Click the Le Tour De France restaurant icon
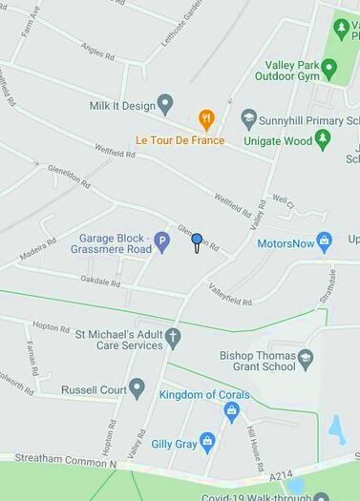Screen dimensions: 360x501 pos(206,120)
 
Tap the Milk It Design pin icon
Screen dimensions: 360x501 pos(165,105)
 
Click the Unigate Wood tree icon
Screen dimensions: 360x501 pos(323,140)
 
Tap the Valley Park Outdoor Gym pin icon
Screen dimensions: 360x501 pos(329,70)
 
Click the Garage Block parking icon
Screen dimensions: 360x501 pos(162,242)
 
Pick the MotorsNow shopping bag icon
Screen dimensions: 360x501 pos(325,242)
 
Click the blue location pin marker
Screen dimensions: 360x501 pos(197,240)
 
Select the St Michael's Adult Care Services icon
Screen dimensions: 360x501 pos(173,338)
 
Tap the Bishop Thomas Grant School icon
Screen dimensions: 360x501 pos(306,361)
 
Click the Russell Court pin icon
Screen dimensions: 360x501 pos(138,389)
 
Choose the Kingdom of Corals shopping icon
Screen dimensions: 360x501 pos(231,411)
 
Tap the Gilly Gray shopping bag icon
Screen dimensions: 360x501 pos(207,443)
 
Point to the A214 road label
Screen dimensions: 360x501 pos(281,474)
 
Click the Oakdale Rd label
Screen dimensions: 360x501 pos(100,283)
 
